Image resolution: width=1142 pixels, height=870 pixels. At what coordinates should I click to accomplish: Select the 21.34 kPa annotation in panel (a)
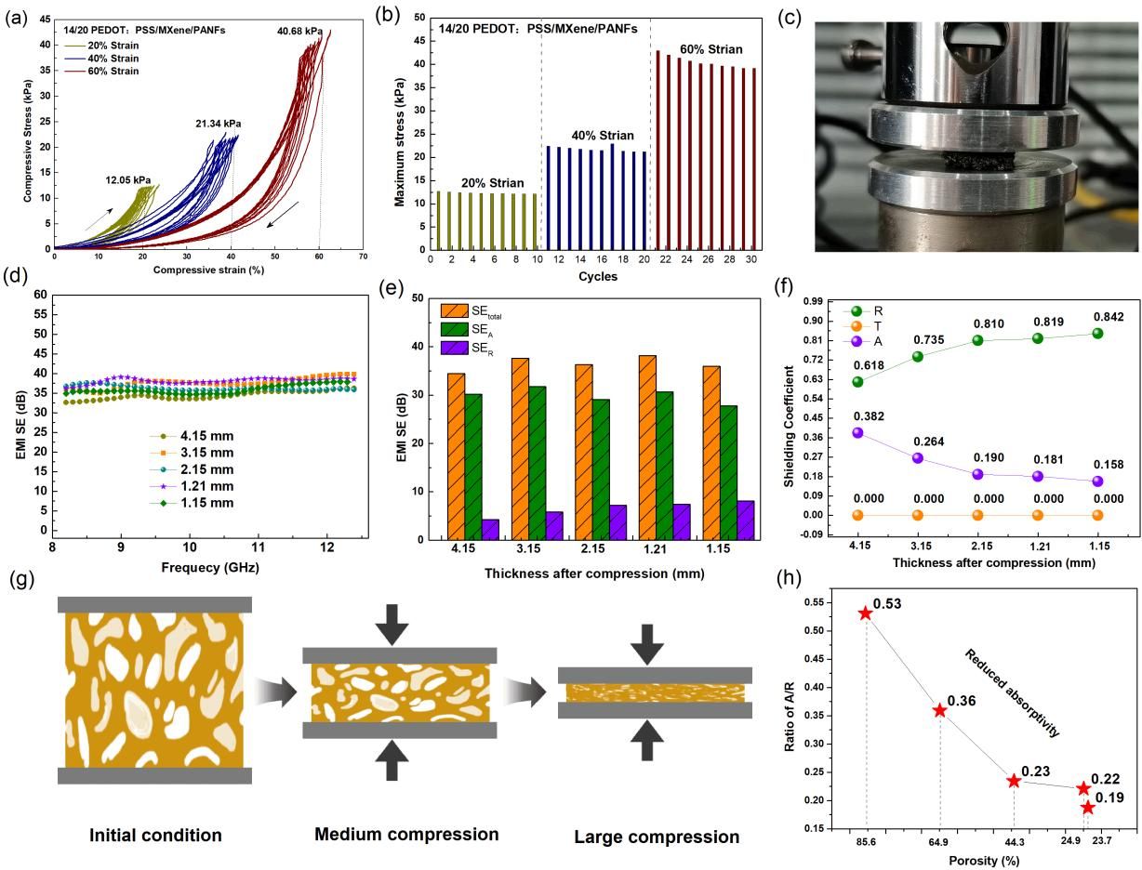[x=219, y=123]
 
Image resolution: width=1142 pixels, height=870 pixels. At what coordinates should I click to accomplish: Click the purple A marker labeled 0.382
[x=857, y=432]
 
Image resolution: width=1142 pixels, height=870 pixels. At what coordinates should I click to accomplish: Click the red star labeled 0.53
[x=866, y=613]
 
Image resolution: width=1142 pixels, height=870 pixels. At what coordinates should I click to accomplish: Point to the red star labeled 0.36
[x=940, y=710]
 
